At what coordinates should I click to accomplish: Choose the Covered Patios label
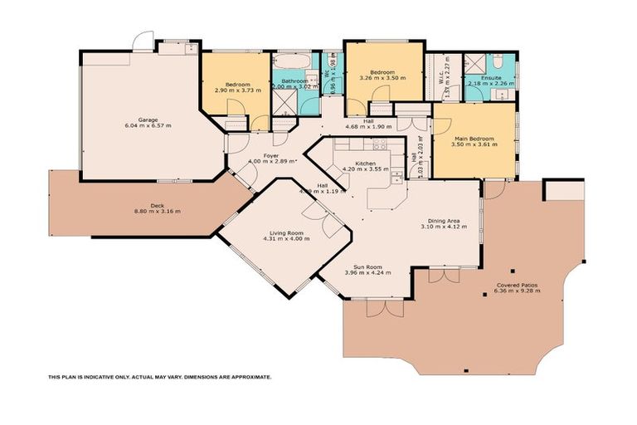[515, 285]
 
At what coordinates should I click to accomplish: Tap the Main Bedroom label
[474, 139]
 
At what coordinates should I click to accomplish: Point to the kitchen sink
[396, 175]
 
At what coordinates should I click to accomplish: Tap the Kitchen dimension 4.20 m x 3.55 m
[365, 169]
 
